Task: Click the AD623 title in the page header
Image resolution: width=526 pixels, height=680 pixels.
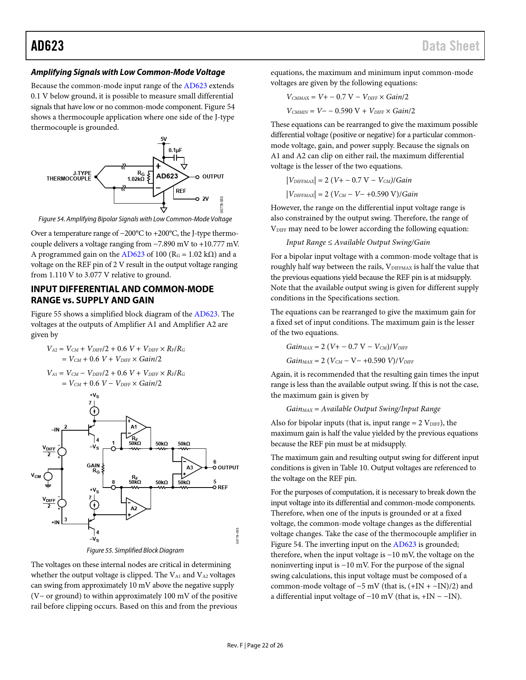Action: tap(47, 46)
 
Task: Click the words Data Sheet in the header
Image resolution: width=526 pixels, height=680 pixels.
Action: tap(451, 46)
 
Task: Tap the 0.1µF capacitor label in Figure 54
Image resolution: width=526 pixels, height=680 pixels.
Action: tap(175, 150)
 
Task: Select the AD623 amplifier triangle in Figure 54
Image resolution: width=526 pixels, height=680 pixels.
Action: tap(167, 176)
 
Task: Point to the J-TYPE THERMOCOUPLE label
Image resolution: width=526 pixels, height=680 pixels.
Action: tap(69, 176)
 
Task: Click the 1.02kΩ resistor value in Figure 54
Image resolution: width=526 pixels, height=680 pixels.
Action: tap(136, 179)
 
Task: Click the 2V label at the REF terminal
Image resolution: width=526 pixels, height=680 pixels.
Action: tap(205, 199)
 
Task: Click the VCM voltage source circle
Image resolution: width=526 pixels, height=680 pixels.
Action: tap(48, 476)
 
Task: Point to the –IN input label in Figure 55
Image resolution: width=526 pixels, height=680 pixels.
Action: tap(55, 430)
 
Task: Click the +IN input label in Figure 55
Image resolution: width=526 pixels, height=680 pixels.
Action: tap(55, 522)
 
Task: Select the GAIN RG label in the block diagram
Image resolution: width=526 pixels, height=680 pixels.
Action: tap(94, 468)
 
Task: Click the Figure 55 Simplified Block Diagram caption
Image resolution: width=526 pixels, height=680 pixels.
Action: tap(135, 550)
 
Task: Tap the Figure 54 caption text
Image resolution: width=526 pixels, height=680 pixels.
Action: tap(135, 219)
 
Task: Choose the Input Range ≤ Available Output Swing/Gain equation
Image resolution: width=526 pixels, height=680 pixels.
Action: tap(358, 242)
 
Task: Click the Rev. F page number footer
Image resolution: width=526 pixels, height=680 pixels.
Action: tap(255, 645)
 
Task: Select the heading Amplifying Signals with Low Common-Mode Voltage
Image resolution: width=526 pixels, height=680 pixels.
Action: tap(128, 72)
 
